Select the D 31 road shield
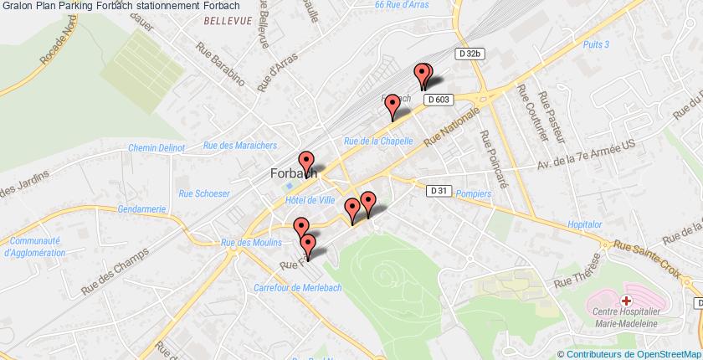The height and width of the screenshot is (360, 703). point(435,191)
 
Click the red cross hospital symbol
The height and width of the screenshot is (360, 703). point(626,300)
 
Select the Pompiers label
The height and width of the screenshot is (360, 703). point(473,193)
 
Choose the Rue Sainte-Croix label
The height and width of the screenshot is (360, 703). point(647,249)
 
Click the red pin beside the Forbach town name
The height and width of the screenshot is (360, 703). point(306,160)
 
